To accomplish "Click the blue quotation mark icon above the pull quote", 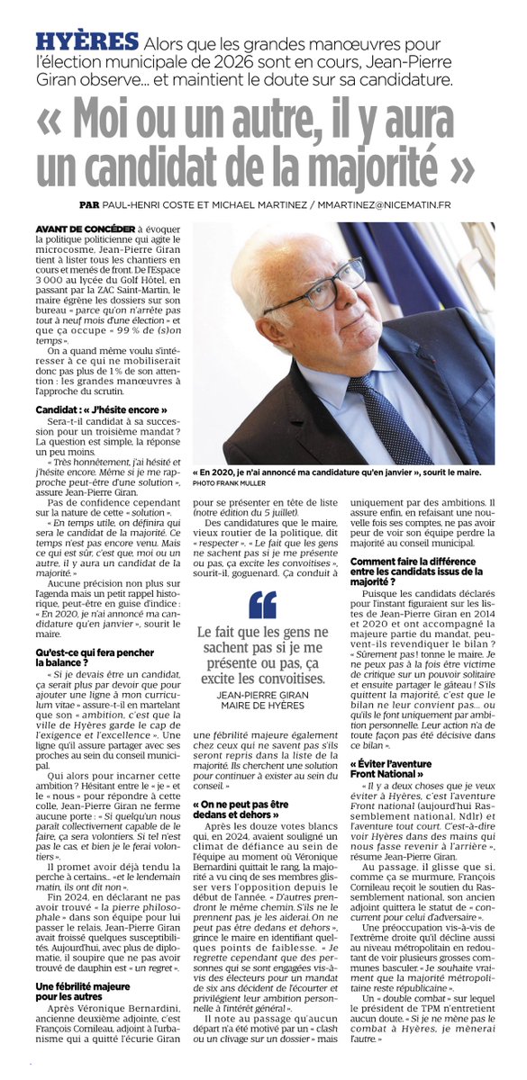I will coord(261,606).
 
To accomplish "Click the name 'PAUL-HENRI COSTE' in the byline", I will coord(150,203).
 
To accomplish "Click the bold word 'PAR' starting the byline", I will coord(88,203).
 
